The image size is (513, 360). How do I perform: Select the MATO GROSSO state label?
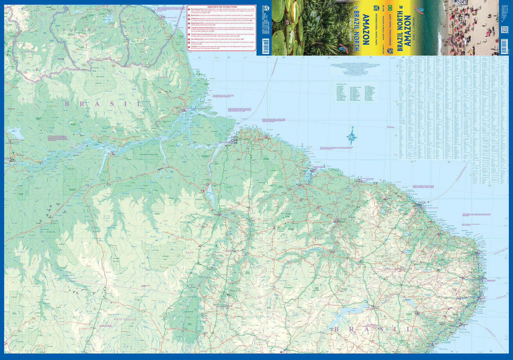[x=125, y=319]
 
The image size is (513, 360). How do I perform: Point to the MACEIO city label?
[x=465, y=324]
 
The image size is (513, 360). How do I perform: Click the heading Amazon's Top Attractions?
[x=222, y=7]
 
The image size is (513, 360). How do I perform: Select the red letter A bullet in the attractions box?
[x=189, y=10]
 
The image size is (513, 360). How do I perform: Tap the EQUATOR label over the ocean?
[x=390, y=127]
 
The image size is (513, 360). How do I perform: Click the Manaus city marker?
[x=13, y=160]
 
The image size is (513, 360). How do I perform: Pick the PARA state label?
[x=189, y=253]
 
